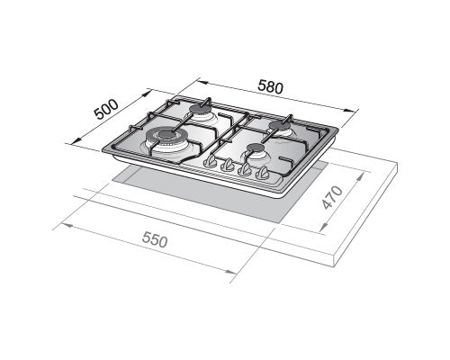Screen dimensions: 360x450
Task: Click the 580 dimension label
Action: (271, 88)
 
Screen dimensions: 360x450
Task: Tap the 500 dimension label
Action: (106, 109)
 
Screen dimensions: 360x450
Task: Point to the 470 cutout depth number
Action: (333, 210)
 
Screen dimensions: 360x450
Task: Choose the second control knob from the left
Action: (228, 166)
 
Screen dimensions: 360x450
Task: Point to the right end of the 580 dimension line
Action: (358, 111)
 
